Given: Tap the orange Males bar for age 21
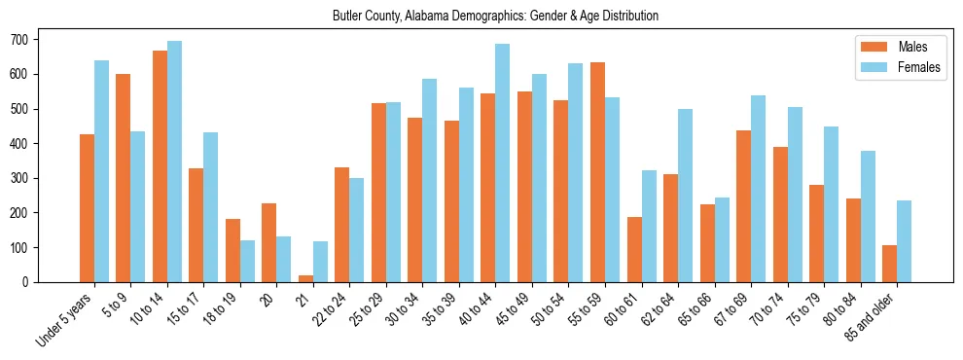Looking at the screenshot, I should point(306,278).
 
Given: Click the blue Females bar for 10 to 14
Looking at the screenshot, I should point(174,162).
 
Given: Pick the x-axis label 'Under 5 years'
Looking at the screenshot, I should point(65,316).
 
